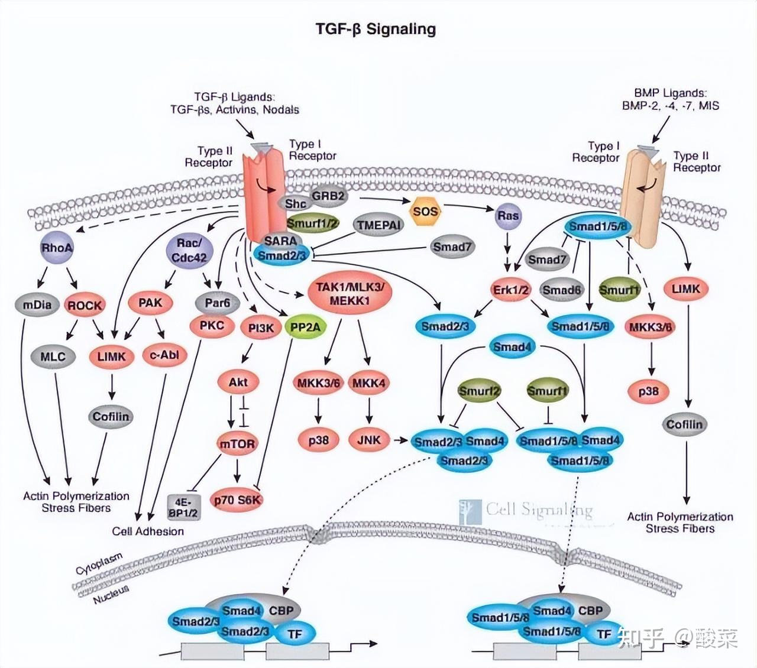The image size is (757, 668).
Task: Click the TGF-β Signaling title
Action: click(376, 29)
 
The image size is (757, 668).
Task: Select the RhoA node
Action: click(57, 248)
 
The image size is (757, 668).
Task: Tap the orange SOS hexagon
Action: click(426, 212)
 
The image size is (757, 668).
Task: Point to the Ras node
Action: click(507, 216)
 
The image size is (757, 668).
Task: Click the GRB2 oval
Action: click(328, 196)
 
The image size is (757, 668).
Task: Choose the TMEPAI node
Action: click(378, 225)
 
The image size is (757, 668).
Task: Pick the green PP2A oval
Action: click(305, 327)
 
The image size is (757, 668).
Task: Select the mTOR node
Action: click(237, 444)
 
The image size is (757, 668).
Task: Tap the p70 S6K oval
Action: click(237, 500)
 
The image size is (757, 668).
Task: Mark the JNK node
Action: click(369, 440)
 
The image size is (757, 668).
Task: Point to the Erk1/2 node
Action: click(512, 290)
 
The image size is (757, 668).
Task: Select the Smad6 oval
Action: click(562, 290)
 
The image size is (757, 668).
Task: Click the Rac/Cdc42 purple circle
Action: click(189, 250)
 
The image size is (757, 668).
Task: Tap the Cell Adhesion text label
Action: click(148, 531)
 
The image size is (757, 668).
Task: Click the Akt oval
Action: click(238, 382)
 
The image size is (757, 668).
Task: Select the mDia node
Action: click(37, 305)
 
